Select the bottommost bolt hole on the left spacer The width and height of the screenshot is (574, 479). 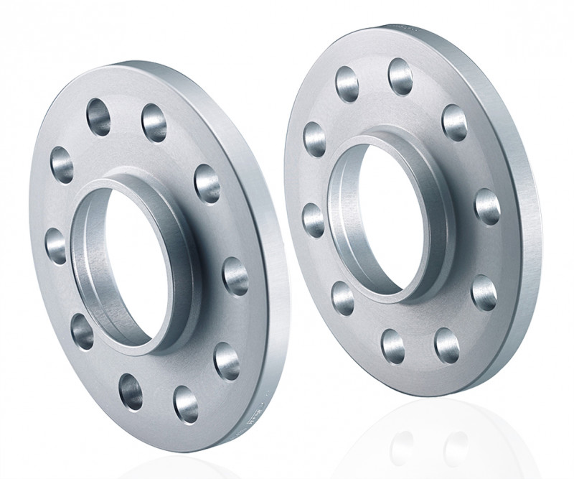point(185,403)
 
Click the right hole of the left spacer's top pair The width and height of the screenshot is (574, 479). point(154,122)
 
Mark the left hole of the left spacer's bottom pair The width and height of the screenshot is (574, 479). point(131,391)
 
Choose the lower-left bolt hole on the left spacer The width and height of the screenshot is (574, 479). point(83,331)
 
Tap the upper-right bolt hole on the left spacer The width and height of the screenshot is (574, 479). point(207,183)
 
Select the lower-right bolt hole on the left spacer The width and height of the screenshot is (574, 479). point(227,360)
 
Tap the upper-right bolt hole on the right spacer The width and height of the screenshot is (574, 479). point(454,121)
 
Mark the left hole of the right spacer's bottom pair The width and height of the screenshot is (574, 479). point(393,345)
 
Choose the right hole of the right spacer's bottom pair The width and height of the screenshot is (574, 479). point(446,345)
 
